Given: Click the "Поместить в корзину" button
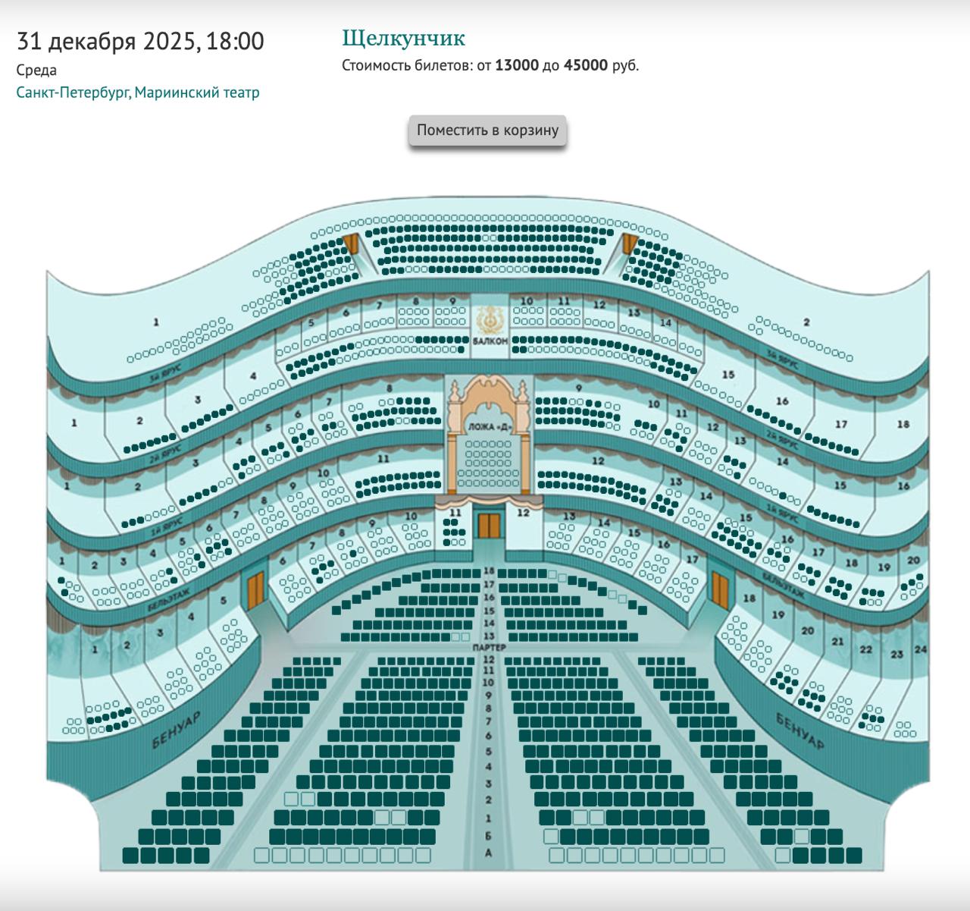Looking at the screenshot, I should coord(487,130).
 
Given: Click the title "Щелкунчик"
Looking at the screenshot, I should coord(403,39).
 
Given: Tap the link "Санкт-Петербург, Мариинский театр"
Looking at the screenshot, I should coord(138,93).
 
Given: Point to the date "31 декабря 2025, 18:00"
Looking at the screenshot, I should coord(140,41).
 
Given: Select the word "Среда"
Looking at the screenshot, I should coord(36,71).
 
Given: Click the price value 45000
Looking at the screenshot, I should coord(586,65).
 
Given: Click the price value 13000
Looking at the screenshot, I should coord(517,65).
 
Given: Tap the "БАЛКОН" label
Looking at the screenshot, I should coord(490,341).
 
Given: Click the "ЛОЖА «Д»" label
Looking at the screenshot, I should coord(489,427).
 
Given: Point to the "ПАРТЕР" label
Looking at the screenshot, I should coord(489,648).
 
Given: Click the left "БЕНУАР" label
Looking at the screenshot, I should coord(176,730).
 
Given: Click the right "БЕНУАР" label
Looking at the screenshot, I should coord(799,730).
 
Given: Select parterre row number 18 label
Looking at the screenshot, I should coord(489,571).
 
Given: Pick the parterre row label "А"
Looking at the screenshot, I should coord(489,853).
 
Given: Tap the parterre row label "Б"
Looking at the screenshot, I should coord(489,836).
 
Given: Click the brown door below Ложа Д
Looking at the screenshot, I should coord(489,525).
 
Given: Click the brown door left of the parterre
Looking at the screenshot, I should coord(255,589).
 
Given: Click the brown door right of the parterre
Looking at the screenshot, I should coord(718,589).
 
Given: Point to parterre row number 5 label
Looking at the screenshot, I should coord(489,752).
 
